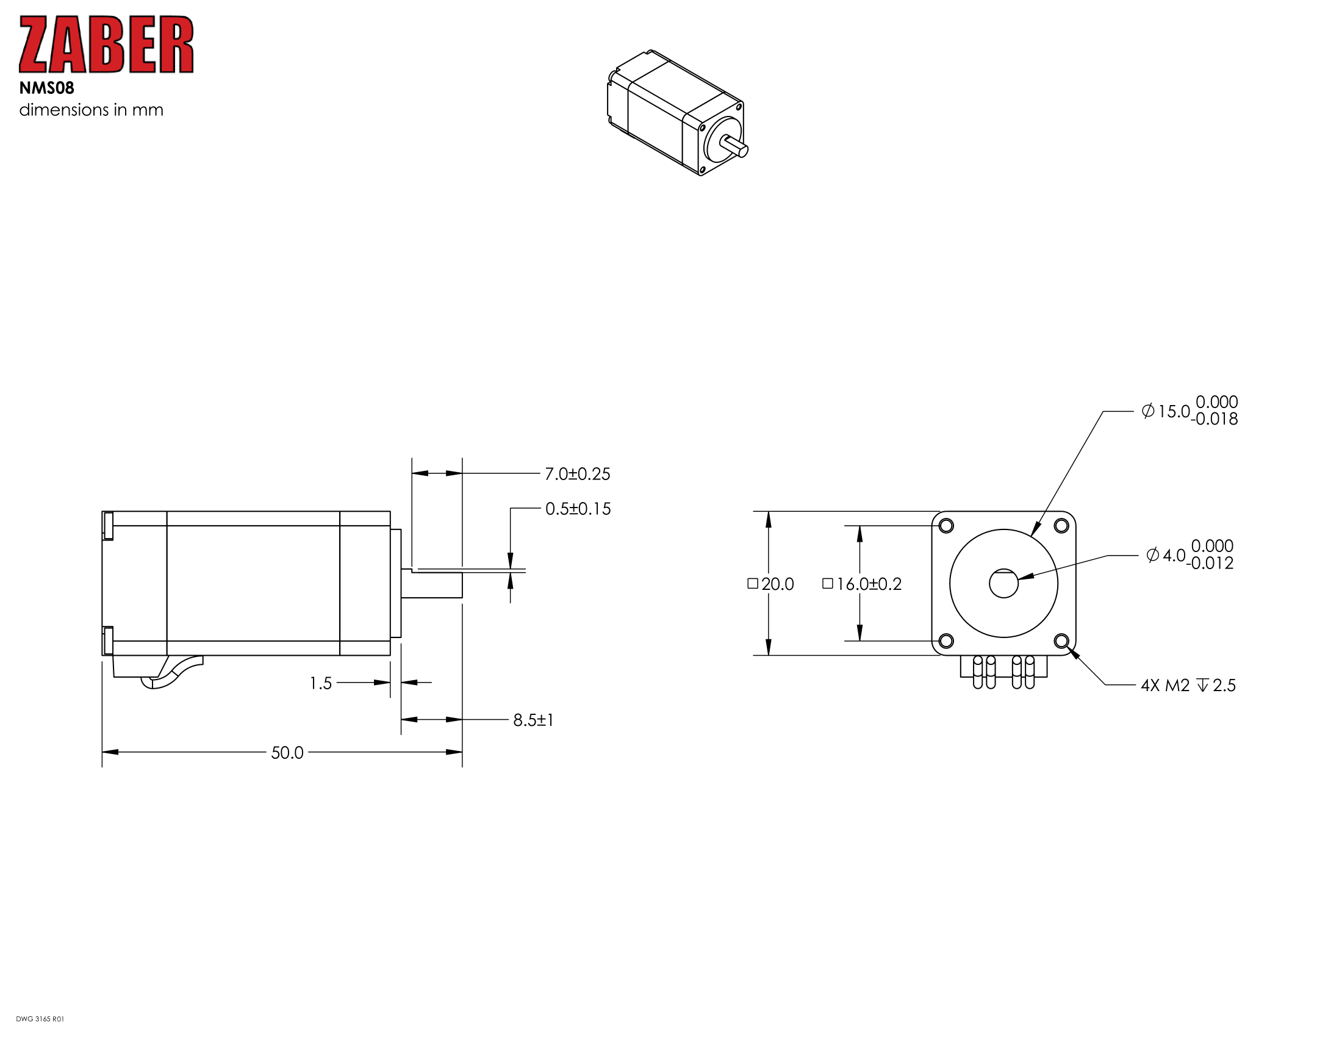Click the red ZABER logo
[106, 45]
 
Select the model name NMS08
[47, 88]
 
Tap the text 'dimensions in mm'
[91, 110]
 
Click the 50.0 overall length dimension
[287, 753]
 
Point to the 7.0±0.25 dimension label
[578, 473]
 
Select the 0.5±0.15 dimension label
[578, 509]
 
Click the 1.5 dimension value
[320, 683]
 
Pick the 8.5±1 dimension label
[533, 720]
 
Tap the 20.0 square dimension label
[770, 584]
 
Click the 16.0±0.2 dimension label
[862, 584]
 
